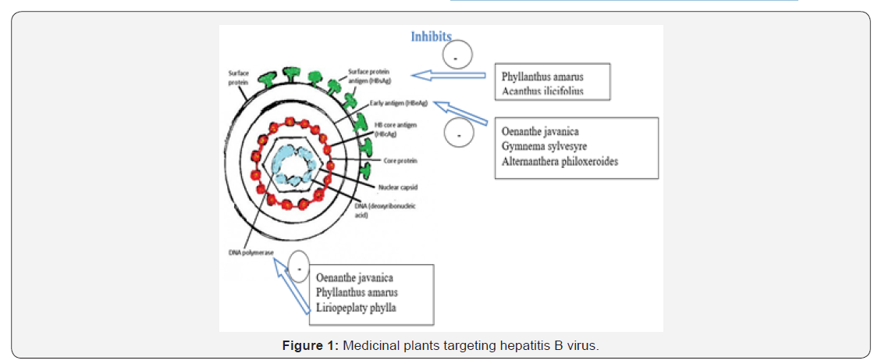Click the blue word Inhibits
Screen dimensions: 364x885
pyautogui.click(x=432, y=37)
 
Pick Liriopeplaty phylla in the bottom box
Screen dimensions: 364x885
pyautogui.click(x=356, y=308)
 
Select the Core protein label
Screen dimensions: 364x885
pyautogui.click(x=400, y=161)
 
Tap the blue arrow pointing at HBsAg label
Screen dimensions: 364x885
pyautogui.click(x=453, y=76)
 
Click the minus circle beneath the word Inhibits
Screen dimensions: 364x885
pyautogui.click(x=457, y=55)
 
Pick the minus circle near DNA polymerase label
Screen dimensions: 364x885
pyautogui.click(x=300, y=265)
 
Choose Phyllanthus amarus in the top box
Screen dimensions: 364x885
pyautogui.click(x=545, y=77)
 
